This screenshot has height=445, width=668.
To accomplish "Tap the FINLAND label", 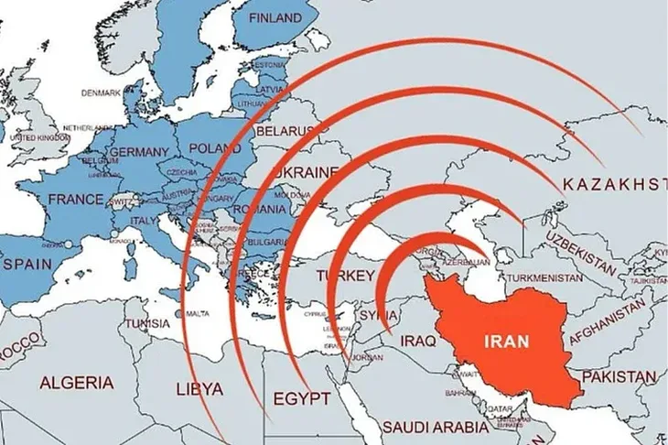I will [272, 18].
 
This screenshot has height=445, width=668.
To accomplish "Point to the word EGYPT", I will [299, 399].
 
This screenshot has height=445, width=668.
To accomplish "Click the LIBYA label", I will [198, 388].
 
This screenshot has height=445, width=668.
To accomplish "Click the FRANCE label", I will [75, 199].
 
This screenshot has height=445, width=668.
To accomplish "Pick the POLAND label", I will [214, 147].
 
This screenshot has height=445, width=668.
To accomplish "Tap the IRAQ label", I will [422, 341].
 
